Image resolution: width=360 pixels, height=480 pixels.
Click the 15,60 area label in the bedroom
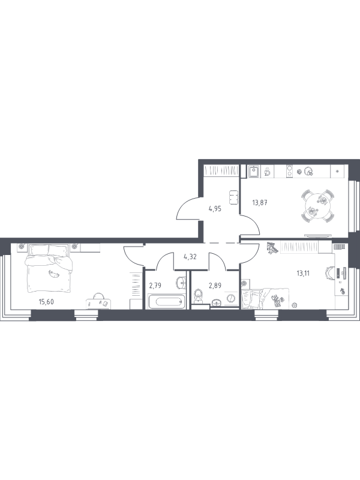[x=46, y=302]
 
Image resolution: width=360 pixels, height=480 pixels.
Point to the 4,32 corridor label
[x=190, y=257]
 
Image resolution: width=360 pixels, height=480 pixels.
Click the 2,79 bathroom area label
[x=155, y=286]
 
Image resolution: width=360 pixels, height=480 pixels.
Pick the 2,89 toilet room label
[x=215, y=286]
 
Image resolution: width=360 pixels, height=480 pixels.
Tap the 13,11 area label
[x=303, y=273]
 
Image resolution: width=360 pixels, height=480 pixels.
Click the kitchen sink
[x=254, y=172]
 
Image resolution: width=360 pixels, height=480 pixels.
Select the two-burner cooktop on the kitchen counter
[x=289, y=172]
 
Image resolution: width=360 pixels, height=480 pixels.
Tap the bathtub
[x=166, y=302]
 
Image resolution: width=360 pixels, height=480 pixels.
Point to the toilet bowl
[x=199, y=296]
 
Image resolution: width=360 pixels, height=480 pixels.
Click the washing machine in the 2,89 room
[x=231, y=298]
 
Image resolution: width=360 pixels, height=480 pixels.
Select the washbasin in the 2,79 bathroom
[x=181, y=283]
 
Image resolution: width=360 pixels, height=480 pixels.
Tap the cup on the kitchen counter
[x=266, y=172]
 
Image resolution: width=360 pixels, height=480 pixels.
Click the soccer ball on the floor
[x=295, y=305]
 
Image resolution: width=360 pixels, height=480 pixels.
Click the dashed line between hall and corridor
[x=221, y=243]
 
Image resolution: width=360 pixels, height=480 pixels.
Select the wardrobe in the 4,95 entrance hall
[x=221, y=170]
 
